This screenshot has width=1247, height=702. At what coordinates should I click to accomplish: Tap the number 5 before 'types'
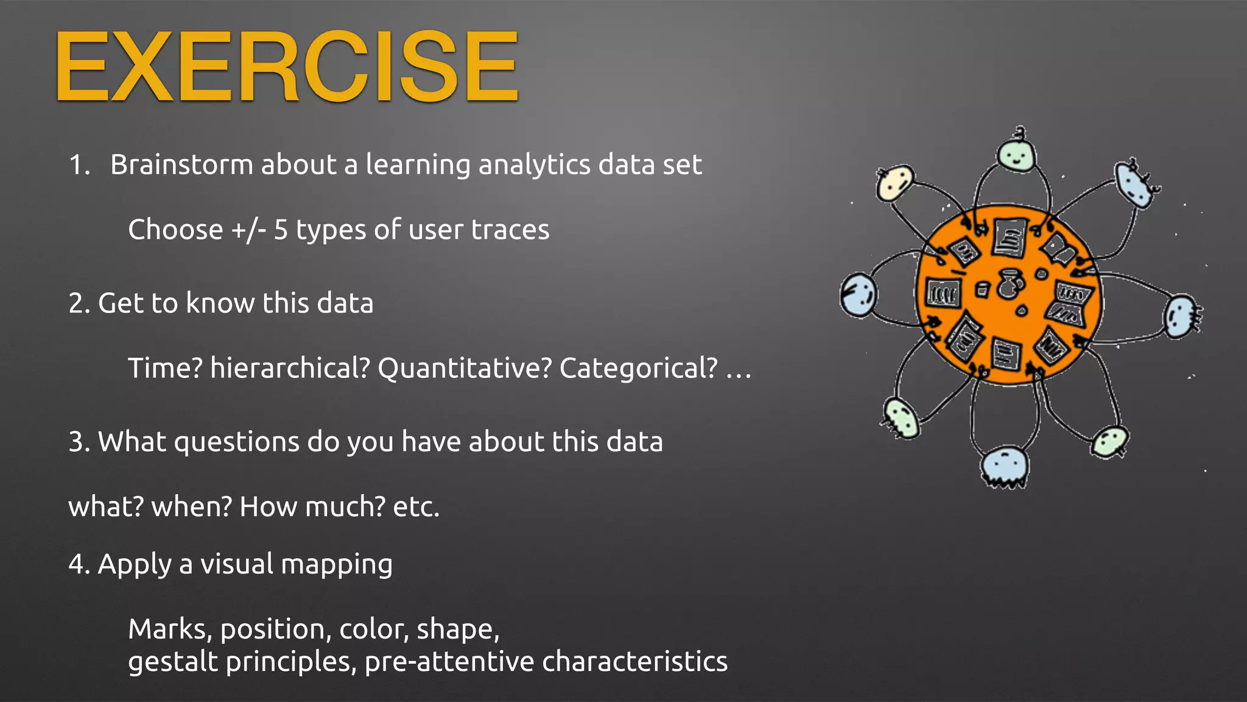click(280, 230)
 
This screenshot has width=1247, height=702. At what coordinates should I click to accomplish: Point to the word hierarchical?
click(290, 368)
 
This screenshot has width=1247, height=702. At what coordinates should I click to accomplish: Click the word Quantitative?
click(465, 368)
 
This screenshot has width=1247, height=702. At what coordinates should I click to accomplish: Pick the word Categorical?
click(639, 368)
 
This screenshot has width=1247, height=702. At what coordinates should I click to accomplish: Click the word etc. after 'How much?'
click(416, 507)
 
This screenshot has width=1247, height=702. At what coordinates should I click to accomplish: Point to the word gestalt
click(173, 662)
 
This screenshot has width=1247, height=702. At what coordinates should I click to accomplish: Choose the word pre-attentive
click(449, 662)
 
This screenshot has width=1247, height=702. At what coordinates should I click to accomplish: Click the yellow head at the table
click(894, 183)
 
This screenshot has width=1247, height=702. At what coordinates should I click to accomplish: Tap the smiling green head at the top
click(1016, 155)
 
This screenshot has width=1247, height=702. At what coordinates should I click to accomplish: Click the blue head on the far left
click(859, 295)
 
